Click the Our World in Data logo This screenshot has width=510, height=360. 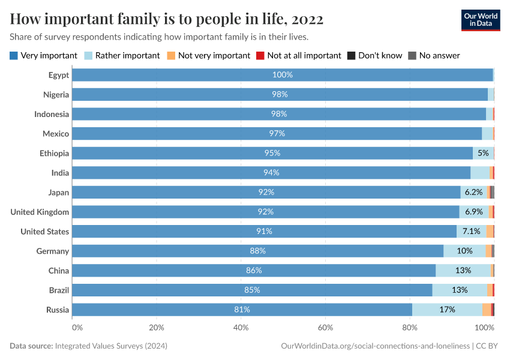pyautogui.click(x=480, y=20)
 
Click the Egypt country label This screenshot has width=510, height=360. pyautogui.click(x=59, y=75)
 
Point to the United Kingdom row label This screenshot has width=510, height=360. pyautogui.click(x=40, y=212)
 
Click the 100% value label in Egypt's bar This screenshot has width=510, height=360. pyautogui.click(x=282, y=75)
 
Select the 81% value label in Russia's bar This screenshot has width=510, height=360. pyautogui.click(x=242, y=310)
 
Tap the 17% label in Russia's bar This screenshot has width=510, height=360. pyautogui.click(x=447, y=310)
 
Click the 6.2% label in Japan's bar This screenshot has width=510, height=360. pyautogui.click(x=473, y=192)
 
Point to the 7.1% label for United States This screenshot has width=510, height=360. pyautogui.click(x=471, y=231)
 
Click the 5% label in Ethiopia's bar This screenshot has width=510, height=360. pyautogui.click(x=483, y=153)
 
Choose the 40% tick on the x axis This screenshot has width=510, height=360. pyautogui.click(x=241, y=328)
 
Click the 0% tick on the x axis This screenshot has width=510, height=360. pyautogui.click(x=77, y=328)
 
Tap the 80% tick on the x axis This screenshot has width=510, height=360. pyautogui.click(x=410, y=328)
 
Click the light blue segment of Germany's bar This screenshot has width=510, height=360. pyautogui.click(x=464, y=251)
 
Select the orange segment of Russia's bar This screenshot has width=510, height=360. pyautogui.click(x=486, y=310)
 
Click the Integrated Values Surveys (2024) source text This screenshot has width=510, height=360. pyautogui.click(x=111, y=346)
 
